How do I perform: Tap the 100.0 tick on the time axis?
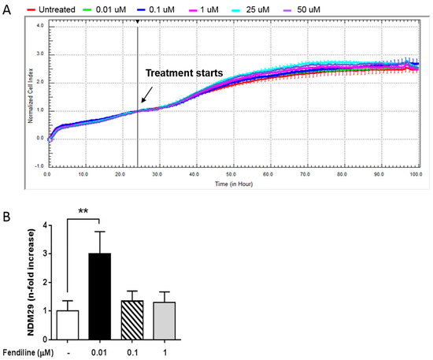[x=415, y=174]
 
